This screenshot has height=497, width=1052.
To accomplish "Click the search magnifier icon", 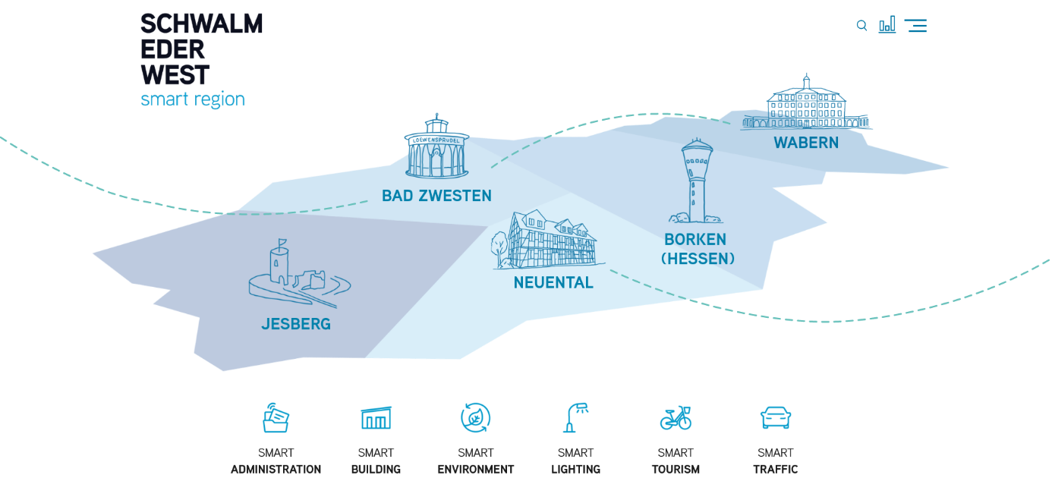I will (x=861, y=26).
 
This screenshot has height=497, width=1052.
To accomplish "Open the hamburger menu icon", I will (x=915, y=26).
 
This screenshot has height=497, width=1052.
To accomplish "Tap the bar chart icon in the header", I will (x=887, y=24).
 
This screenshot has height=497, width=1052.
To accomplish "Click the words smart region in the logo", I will (x=193, y=99).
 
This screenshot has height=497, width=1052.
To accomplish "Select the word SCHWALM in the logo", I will (x=201, y=24).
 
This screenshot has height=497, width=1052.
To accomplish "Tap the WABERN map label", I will (x=806, y=143).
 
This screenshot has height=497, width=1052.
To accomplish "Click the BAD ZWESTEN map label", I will (x=436, y=196).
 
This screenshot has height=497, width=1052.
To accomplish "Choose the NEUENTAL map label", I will (x=553, y=283).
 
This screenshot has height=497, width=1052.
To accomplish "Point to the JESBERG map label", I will (x=296, y=324).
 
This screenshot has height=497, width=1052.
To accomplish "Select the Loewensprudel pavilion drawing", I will (x=436, y=147).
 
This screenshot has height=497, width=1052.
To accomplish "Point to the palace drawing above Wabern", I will (x=806, y=104).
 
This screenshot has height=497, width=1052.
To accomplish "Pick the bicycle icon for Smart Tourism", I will (x=676, y=417).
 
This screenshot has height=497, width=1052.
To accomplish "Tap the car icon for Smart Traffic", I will (x=776, y=417).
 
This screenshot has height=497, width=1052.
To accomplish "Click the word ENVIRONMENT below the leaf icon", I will (x=476, y=470).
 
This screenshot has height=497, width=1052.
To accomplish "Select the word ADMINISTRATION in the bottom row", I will (x=276, y=470).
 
